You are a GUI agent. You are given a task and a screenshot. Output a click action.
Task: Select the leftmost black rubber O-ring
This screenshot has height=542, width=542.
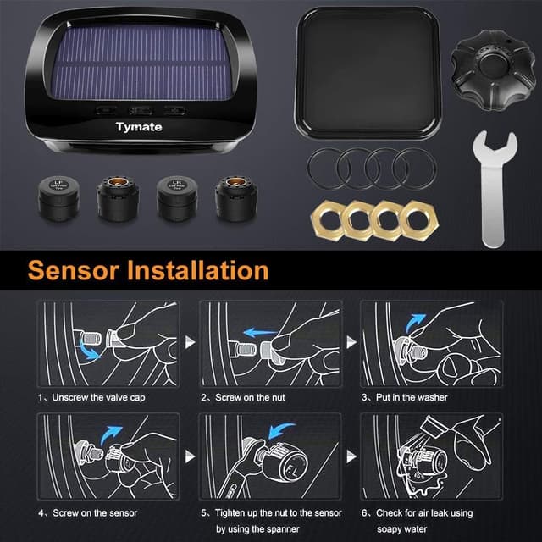(326, 168)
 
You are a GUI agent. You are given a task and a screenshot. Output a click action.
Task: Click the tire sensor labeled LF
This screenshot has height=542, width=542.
(56, 195)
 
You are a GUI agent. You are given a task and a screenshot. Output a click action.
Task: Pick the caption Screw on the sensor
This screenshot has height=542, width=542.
(87, 512)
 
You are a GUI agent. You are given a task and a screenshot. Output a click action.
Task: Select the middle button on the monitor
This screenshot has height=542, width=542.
(140, 110)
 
